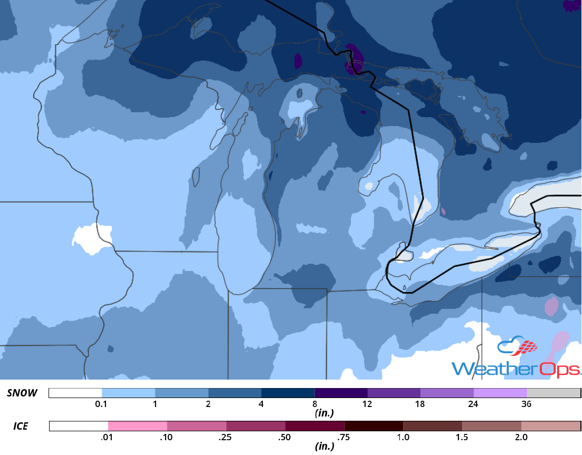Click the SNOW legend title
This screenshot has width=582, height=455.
(22, 393)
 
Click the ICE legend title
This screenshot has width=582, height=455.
(21, 425)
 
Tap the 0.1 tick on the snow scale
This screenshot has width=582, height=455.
(102, 404)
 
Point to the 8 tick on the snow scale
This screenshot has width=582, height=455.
(314, 404)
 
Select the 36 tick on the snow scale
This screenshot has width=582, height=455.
(527, 404)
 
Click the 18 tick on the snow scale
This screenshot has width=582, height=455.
(421, 404)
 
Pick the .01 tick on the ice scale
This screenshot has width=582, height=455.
(108, 437)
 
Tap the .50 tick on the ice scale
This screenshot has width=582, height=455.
(285, 437)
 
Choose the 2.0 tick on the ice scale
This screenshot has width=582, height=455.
(521, 437)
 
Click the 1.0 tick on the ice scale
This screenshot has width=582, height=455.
(403, 437)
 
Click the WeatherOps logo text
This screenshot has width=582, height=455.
(516, 368)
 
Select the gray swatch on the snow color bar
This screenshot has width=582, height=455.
(554, 393)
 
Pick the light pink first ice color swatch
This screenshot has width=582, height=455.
(138, 426)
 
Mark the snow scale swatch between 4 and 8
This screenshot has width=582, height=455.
(288, 393)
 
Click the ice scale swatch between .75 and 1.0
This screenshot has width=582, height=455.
(374, 426)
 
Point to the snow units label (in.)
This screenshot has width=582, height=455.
(323, 413)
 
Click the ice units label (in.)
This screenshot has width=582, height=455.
(323, 446)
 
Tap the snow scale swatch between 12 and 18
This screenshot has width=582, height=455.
(394, 393)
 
